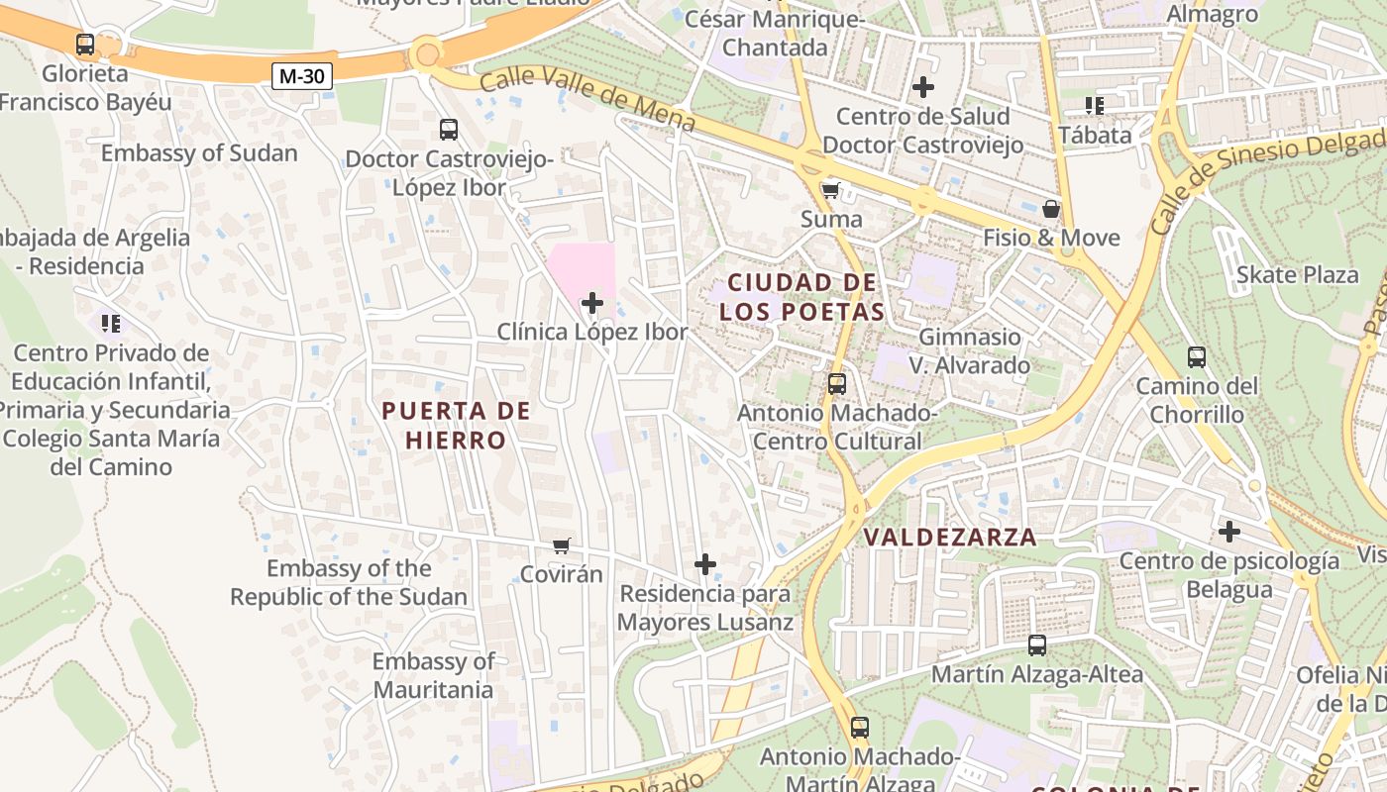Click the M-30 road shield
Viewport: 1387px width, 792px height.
click(302, 75)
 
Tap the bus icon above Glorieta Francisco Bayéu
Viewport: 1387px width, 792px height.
click(85, 45)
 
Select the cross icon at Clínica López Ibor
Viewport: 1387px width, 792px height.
click(592, 303)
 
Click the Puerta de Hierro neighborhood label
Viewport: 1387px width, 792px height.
click(456, 426)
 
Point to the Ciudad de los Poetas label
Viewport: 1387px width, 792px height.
click(801, 297)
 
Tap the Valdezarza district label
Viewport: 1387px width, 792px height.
click(950, 538)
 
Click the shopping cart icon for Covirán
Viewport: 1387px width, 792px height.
click(562, 545)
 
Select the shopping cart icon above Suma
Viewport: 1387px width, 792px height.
click(830, 190)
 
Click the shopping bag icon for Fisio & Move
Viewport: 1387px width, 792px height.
click(1051, 209)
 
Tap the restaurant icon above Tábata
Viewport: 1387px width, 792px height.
click(1095, 105)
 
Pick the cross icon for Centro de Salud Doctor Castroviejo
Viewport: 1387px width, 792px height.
click(923, 87)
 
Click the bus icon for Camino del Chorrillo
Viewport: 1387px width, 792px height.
click(1197, 357)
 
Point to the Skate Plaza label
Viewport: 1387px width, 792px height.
click(1298, 274)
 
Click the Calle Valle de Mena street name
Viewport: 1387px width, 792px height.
click(588, 100)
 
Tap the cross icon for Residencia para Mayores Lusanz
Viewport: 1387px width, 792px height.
click(705, 565)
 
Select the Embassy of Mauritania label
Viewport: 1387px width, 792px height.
click(433, 675)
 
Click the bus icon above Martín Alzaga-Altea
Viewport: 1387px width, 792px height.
click(1037, 645)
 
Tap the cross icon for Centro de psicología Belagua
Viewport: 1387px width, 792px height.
click(1229, 533)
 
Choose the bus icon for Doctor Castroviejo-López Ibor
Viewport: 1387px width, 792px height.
click(449, 130)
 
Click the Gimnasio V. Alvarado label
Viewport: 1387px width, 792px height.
click(970, 351)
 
